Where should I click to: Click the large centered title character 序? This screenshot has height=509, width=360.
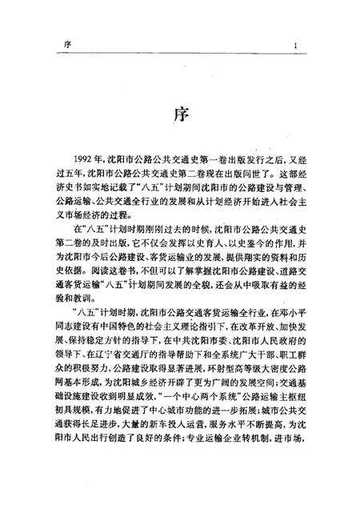(181, 115)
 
